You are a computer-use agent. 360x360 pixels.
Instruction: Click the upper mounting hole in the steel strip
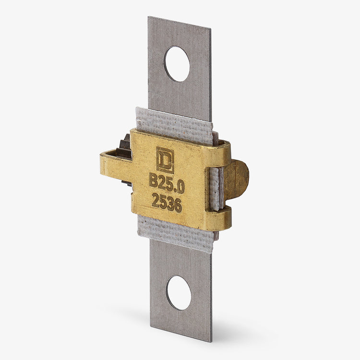(177, 64)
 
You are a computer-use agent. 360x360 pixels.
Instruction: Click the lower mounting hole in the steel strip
(179, 293)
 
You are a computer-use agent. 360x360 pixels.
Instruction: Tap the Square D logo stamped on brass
(165, 160)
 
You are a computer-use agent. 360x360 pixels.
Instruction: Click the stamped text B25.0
(167, 183)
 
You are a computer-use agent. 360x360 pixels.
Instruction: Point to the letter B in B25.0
(153, 180)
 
